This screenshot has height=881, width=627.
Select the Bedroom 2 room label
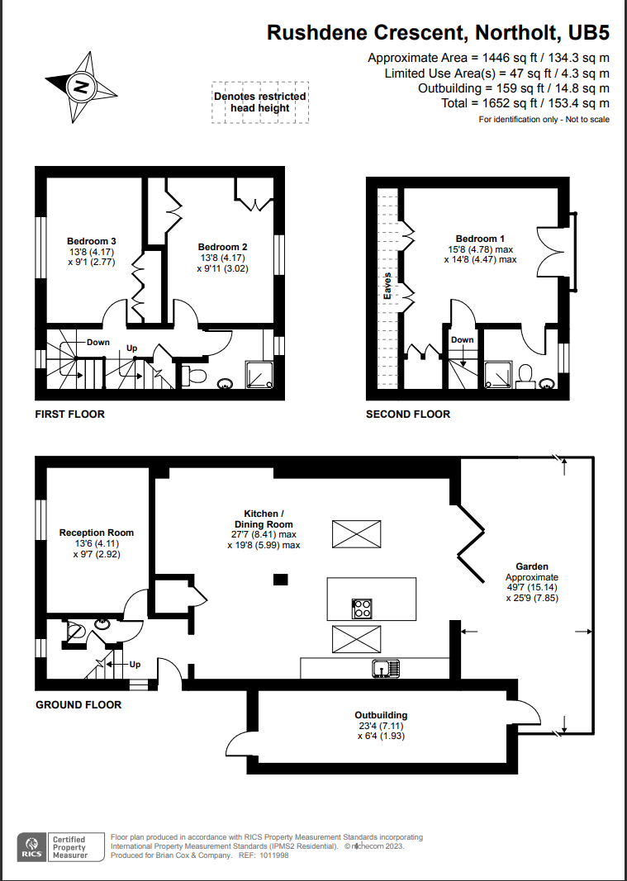point(222,247)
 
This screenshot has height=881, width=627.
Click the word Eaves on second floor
point(386,286)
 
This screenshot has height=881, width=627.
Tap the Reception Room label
point(97,533)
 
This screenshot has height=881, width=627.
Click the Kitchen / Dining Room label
point(263,519)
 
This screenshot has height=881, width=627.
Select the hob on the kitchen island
point(362,609)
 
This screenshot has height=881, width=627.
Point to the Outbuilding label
point(381,715)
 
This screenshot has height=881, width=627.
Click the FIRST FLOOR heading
point(70,414)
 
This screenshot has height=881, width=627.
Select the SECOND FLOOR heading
point(408,414)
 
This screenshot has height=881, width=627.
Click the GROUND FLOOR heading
point(78,704)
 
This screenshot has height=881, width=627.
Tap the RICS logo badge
point(31,845)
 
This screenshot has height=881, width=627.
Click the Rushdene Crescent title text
point(438,33)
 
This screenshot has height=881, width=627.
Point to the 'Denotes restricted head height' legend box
point(260,102)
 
